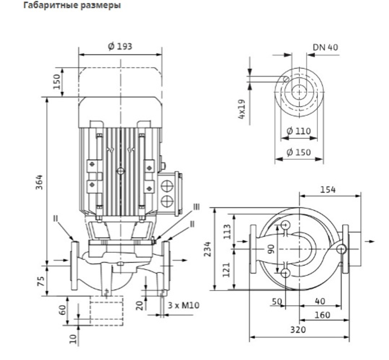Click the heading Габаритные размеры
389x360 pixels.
(x=72, y=5)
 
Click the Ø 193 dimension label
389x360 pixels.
(x=120, y=46)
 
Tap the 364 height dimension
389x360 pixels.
(x=39, y=182)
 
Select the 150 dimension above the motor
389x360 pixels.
(x=56, y=82)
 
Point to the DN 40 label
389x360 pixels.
(x=325, y=47)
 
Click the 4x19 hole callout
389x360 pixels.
(x=242, y=109)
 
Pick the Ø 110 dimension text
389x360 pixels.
(x=298, y=131)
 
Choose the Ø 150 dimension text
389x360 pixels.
(x=298, y=152)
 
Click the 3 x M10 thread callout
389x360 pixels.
(x=183, y=305)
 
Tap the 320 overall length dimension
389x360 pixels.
(x=298, y=330)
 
